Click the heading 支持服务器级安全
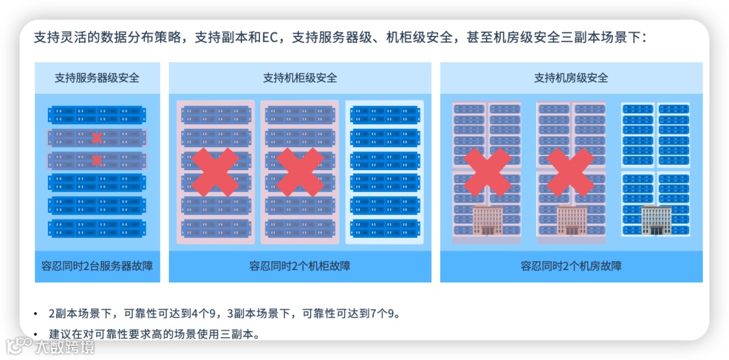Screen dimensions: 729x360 [97, 78]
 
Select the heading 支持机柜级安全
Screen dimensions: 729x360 [300, 78]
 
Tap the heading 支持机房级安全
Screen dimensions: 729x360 [570, 78]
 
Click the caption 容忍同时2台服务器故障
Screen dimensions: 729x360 [97, 265]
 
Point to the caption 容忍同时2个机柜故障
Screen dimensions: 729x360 [300, 265]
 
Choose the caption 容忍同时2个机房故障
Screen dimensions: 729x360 [570, 265]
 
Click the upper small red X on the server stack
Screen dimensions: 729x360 [97, 138]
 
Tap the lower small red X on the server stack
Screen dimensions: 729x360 [97, 160]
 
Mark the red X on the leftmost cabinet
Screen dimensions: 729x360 [215, 172]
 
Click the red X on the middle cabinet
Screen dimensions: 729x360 [300, 172]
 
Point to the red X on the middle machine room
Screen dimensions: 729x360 [570, 172]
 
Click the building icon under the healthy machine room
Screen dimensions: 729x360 [654, 220]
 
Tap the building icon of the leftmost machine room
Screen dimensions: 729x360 [487, 220]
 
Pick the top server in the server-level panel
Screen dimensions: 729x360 [97, 115]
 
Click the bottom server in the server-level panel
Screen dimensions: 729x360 [97, 228]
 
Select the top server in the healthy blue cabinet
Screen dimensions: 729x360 [384, 115]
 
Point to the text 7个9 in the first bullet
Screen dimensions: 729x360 [387, 313]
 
